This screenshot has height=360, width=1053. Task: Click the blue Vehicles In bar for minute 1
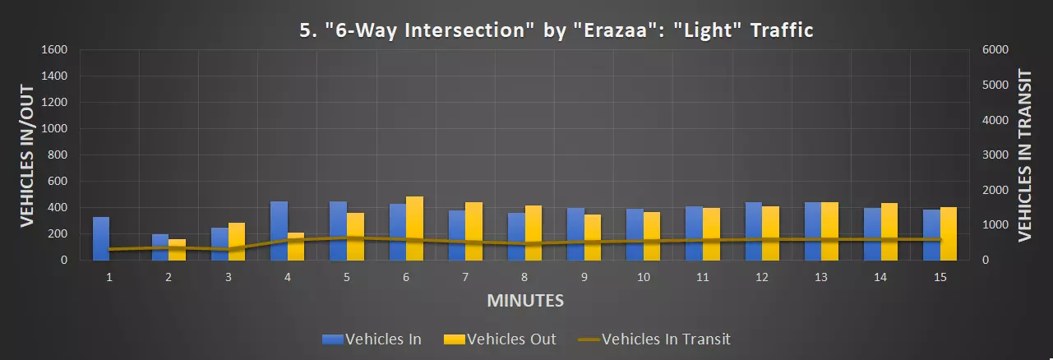coord(101,238)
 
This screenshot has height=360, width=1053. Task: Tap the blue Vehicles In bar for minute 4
coord(279,231)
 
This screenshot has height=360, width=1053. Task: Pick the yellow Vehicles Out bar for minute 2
coord(177,250)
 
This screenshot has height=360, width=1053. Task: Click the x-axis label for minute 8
coord(524,278)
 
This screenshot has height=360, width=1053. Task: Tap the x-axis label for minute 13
coord(821,278)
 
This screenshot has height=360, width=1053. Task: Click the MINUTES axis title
coord(525,300)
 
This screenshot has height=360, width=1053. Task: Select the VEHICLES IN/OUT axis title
coord(27,154)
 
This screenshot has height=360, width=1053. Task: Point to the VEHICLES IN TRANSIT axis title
coord(1024,154)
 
